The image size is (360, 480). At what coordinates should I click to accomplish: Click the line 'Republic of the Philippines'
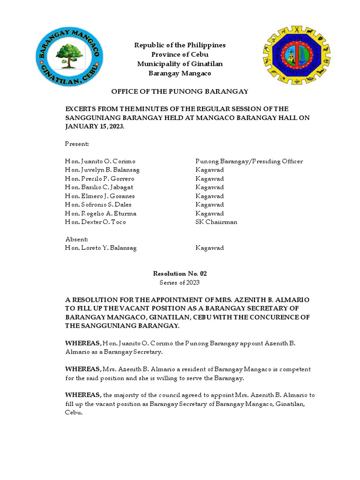180,45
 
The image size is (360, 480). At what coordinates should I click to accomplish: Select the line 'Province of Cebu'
180,54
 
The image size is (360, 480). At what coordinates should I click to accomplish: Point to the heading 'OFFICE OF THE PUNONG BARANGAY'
180,91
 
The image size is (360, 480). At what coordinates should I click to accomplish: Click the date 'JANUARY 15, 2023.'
95,127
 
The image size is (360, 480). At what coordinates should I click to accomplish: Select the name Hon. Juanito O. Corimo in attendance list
100,161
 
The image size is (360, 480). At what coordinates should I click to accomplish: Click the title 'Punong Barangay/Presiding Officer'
249,161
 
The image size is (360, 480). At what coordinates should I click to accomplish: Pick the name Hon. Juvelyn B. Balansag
102,170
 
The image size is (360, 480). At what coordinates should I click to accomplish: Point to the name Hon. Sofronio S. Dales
98,204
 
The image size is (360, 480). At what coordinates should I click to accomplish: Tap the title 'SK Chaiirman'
216,222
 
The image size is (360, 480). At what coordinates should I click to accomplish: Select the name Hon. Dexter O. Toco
95,222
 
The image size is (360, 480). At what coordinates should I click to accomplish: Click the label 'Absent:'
76,239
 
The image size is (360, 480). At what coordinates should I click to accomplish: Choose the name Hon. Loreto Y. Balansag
101,248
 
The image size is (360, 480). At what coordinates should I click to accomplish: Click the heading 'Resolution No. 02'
180,274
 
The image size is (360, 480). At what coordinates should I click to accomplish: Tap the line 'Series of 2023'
180,282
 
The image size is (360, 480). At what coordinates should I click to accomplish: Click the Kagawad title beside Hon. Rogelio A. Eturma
210,213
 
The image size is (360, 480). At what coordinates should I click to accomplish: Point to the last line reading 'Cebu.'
74,413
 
